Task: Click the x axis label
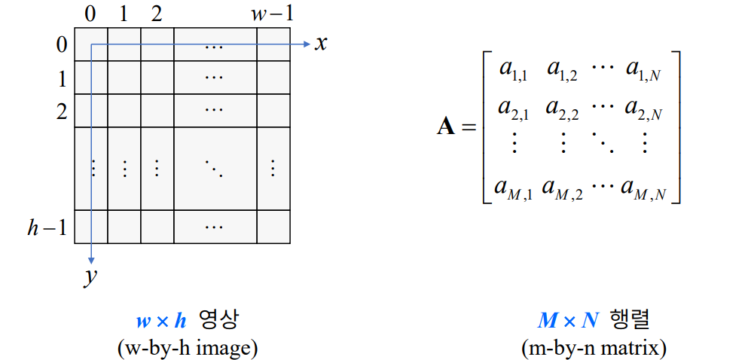coord(322,44)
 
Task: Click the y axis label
coord(91,276)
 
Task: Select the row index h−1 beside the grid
coord(47,227)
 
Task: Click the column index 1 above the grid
coord(124,14)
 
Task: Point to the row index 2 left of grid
coord(61,111)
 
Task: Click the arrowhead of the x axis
coord(307,44)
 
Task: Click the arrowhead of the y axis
coord(91,258)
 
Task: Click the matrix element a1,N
coord(643,69)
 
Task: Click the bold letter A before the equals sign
coord(446,127)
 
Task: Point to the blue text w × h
coord(160,321)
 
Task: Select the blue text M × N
coord(568,321)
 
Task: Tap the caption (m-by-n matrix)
coord(594,348)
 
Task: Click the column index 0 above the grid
coord(90,14)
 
